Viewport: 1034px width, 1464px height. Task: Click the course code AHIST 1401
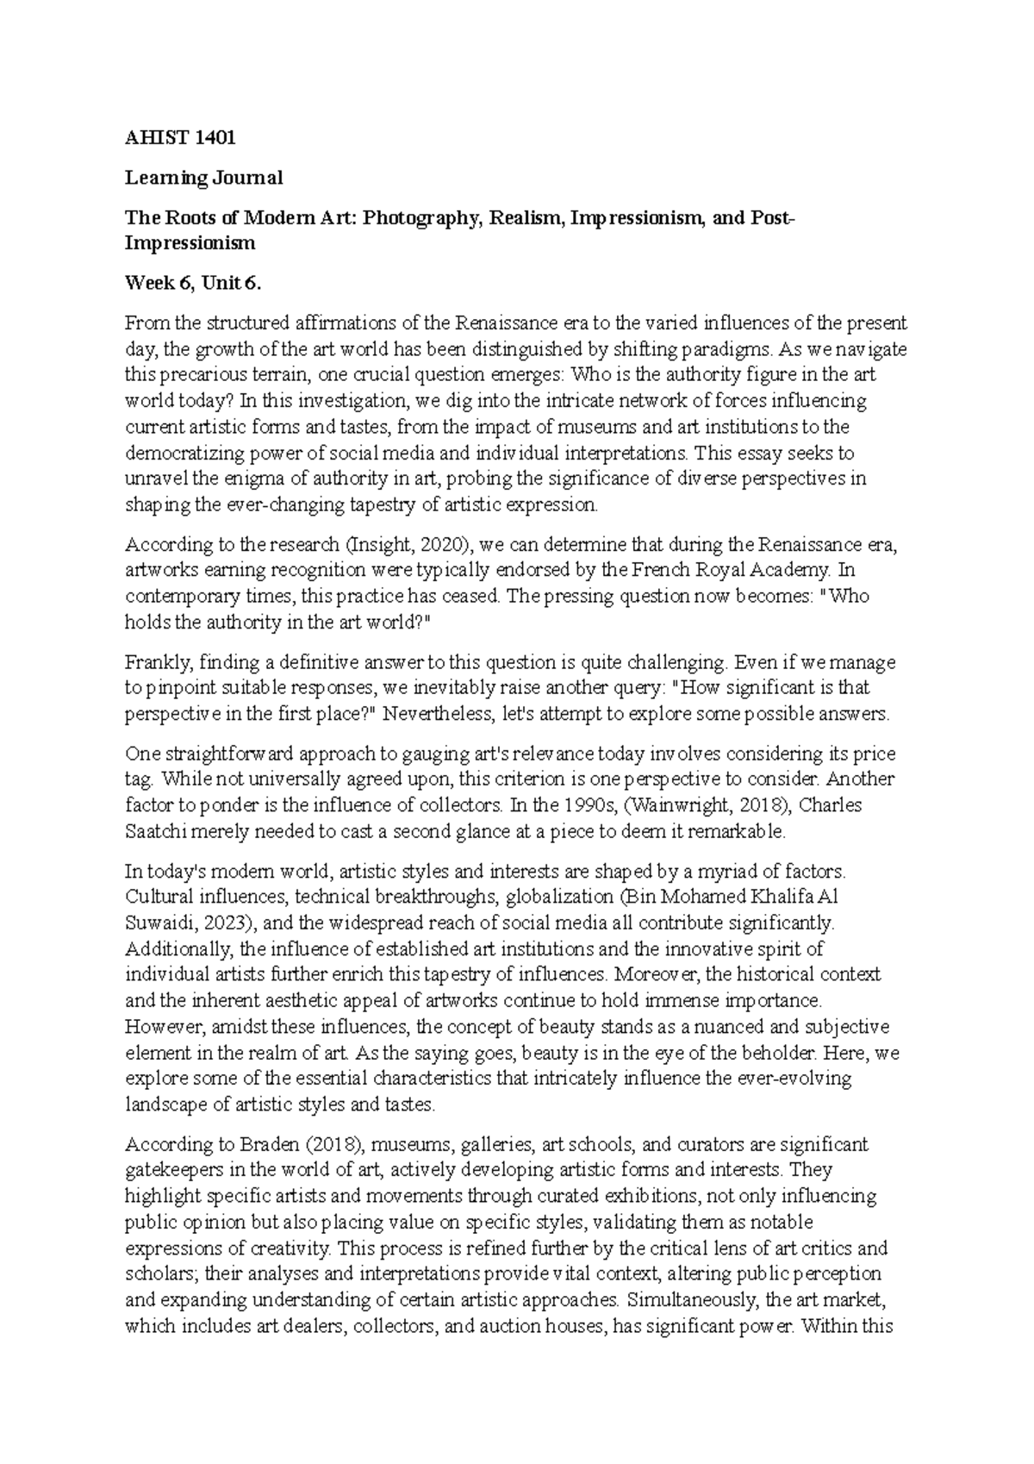(180, 137)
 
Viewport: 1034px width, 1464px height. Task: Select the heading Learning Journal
(203, 178)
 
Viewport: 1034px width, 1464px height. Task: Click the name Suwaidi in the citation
(155, 923)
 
